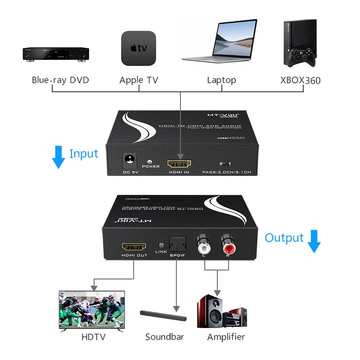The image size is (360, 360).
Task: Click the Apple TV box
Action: coord(139,48)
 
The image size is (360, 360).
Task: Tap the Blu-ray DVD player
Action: coord(56,54)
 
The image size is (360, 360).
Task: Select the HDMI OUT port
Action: coord(134,247)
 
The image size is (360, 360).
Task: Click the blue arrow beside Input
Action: coord(58,157)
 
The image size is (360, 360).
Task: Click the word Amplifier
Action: coord(226,337)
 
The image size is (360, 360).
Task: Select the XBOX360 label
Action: coord(300,81)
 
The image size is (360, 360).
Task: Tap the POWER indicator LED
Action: coord(150,161)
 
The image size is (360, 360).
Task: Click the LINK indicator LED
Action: coord(161,245)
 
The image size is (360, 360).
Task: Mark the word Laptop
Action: coord(221,81)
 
